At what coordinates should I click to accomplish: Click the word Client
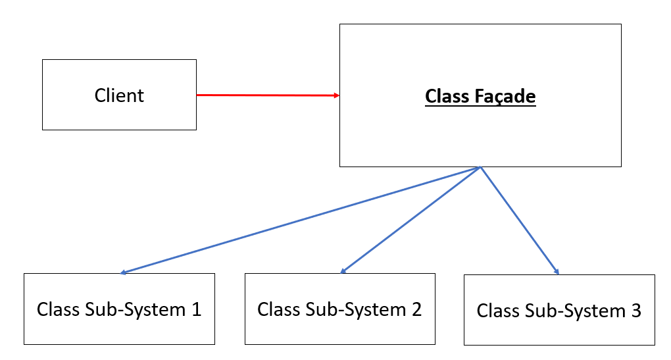[x=119, y=95]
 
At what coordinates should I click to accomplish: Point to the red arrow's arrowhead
[x=336, y=96]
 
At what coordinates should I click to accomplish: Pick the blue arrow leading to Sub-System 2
[x=411, y=220]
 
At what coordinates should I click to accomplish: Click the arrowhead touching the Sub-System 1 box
[x=124, y=272]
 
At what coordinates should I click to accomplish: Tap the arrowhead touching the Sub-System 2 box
[x=343, y=270]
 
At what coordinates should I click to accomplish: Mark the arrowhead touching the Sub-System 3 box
[x=557, y=272]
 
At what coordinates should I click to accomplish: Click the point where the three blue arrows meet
[x=481, y=168]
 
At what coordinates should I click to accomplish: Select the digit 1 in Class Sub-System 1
[x=196, y=309]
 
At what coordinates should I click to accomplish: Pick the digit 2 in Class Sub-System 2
[x=416, y=309]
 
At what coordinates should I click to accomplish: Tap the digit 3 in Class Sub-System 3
[x=635, y=311]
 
